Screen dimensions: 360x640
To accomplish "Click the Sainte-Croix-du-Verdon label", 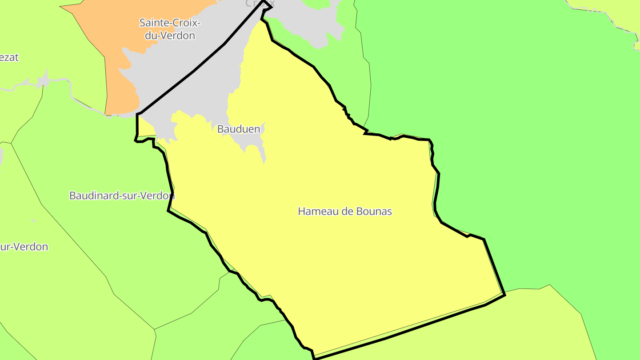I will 170,29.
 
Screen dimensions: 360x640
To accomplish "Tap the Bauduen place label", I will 238,129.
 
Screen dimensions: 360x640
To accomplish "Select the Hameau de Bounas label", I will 345,211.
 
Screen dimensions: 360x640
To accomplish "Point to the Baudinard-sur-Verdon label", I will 122,196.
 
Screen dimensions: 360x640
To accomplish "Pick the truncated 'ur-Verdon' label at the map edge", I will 24,247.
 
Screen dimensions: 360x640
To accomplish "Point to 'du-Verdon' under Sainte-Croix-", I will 170,36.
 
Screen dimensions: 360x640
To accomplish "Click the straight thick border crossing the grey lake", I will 196,69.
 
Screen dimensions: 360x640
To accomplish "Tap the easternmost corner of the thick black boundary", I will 505,294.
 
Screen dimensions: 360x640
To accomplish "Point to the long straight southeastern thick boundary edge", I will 400,333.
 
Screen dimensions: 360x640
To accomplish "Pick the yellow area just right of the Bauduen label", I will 284,129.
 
